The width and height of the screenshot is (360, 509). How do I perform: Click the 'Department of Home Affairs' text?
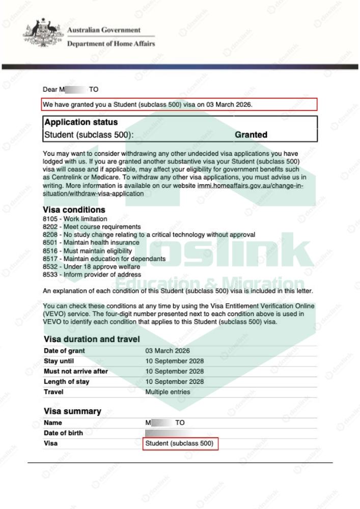111,43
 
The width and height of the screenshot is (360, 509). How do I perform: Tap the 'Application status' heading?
81,122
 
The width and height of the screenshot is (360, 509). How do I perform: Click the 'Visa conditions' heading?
74,209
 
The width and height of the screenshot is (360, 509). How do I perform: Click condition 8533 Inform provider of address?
84,274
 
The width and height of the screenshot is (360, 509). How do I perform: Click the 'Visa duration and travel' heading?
91,339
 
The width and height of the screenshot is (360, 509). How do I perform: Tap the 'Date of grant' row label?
65,351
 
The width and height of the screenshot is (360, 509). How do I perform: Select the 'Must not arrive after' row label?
76,372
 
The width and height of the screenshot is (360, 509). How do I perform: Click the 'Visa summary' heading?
72,411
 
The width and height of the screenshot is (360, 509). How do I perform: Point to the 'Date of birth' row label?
64,433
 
